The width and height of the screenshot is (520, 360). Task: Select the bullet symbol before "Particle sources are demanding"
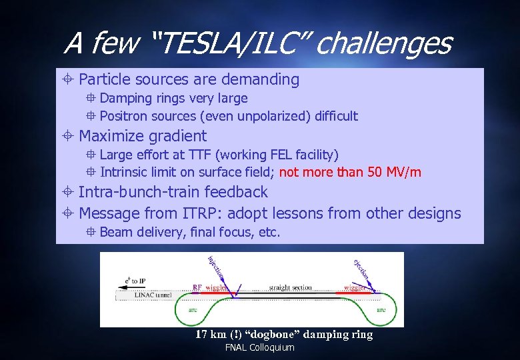[70, 80]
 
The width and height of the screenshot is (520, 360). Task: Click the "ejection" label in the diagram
[361, 269]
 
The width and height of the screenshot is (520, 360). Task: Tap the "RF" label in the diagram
[197, 287]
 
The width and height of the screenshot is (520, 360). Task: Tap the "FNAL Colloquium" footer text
[259, 348]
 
